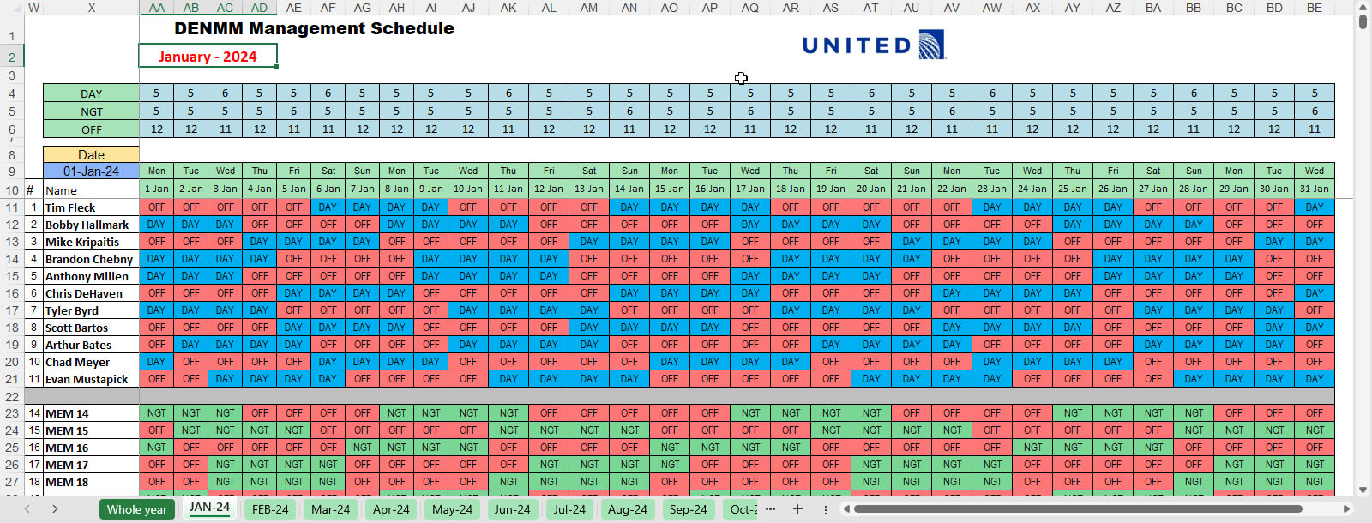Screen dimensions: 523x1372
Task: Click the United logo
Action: tap(873, 45)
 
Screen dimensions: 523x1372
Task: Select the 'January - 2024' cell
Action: tap(208, 57)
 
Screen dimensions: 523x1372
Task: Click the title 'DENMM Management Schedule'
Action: tap(314, 28)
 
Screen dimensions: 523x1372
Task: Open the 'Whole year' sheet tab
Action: tap(136, 509)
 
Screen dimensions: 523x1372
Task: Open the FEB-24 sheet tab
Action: tap(270, 509)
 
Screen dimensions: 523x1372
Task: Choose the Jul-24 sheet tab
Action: tap(569, 509)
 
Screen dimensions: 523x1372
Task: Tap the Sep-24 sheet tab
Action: tap(688, 509)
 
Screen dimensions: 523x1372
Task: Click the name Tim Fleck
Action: tap(70, 207)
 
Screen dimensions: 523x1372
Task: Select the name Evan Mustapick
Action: tap(87, 379)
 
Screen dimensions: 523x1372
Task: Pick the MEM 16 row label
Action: tap(67, 448)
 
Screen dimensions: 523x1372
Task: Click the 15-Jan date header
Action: tap(670, 189)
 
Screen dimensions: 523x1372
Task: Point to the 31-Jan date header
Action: tap(1314, 189)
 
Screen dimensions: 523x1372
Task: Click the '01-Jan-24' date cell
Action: tap(91, 171)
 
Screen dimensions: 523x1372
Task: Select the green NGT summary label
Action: tap(91, 111)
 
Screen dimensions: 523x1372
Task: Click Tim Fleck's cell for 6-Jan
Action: tap(328, 207)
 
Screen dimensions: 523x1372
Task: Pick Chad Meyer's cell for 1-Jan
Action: tap(156, 362)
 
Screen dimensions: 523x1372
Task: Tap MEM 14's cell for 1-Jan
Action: tap(156, 413)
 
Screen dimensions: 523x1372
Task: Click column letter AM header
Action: tap(589, 8)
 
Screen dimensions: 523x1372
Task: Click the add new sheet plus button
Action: tap(797, 509)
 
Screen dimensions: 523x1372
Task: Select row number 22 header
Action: tap(12, 396)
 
